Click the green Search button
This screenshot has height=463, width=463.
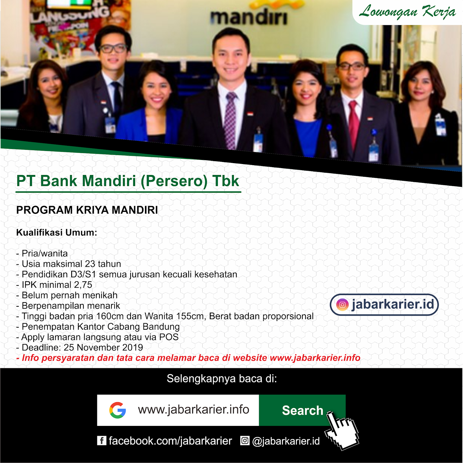(302, 410)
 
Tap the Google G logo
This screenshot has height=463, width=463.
(117, 410)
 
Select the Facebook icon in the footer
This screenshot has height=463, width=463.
(102, 441)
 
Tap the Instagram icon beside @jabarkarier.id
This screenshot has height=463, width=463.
(245, 441)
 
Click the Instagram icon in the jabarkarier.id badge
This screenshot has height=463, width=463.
(342, 305)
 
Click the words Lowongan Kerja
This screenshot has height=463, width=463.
(407, 12)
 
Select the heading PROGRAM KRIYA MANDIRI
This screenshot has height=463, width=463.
(87, 210)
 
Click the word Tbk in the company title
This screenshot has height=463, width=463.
(226, 181)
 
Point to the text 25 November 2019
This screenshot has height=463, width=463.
(103, 347)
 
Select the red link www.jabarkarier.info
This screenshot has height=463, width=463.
(315, 358)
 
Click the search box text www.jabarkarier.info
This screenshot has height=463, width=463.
(194, 410)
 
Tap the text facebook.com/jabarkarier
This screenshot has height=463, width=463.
(170, 441)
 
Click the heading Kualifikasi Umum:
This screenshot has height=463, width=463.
(57, 232)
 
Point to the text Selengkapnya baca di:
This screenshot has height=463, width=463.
(222, 379)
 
